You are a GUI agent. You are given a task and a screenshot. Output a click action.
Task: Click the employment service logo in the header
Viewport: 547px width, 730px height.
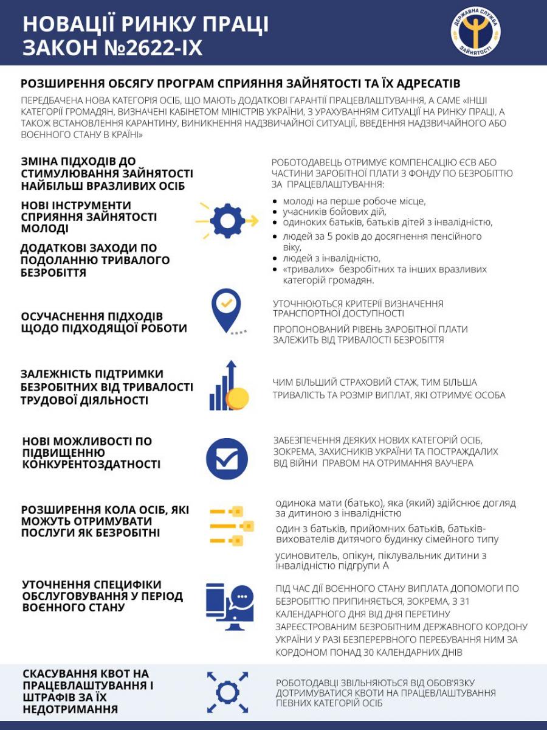point(475,32)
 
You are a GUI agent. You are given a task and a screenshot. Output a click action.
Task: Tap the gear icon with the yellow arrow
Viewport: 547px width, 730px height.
point(227,220)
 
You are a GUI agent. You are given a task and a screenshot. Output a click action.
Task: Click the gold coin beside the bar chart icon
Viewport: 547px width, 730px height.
point(237,398)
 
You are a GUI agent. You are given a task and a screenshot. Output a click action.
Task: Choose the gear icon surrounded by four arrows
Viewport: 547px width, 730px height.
point(227,692)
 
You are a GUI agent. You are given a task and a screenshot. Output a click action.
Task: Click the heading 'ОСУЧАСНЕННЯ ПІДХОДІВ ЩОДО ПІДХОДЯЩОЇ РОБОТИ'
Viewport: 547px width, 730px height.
point(104,322)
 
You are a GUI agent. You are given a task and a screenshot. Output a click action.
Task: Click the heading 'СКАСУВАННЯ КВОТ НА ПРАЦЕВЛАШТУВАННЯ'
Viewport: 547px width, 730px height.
point(88,680)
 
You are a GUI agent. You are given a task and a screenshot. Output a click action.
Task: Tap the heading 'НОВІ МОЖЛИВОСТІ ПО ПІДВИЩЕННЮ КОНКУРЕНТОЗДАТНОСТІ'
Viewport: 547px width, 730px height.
point(91,453)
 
